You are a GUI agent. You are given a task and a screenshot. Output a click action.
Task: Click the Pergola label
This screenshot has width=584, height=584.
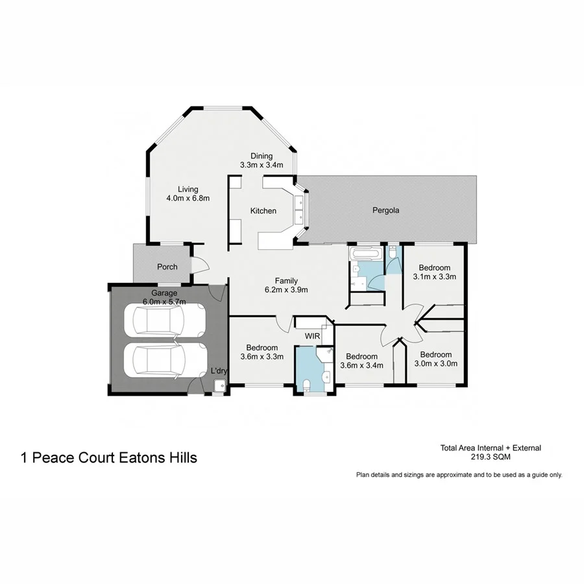click(x=385, y=210)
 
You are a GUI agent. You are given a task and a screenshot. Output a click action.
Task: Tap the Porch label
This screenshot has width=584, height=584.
click(x=167, y=267)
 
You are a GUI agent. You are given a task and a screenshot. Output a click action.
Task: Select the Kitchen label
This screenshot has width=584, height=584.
click(x=263, y=211)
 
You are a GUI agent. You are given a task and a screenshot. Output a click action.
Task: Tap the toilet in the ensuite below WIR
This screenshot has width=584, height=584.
click(x=306, y=385)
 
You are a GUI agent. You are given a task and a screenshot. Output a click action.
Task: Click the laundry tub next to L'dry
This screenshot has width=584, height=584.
click(x=219, y=386)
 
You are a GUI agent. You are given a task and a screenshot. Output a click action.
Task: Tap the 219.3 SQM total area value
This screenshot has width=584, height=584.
click(x=491, y=457)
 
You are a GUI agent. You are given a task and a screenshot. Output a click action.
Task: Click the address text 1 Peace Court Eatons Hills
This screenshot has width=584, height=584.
click(x=109, y=458)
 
